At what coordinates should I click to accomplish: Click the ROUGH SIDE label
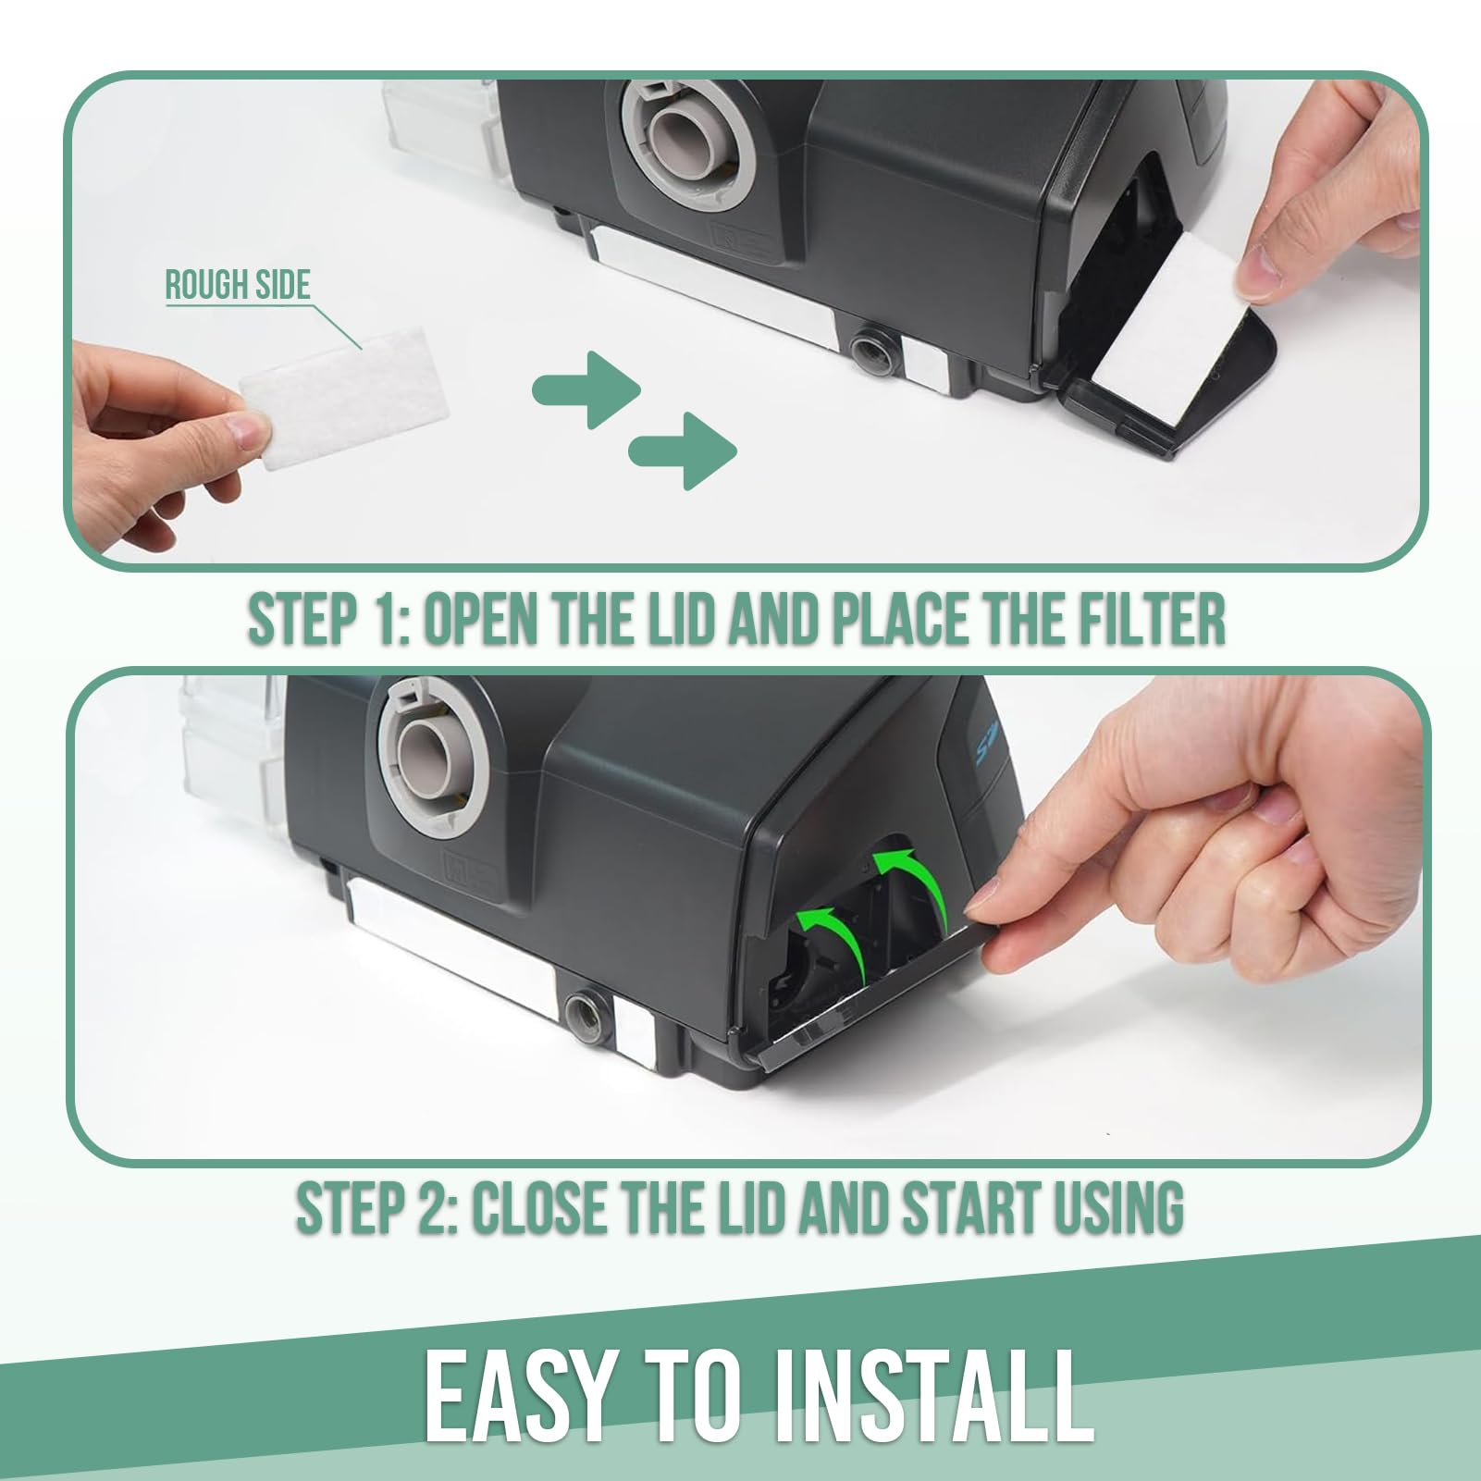(238, 286)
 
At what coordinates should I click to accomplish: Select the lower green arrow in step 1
(683, 450)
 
